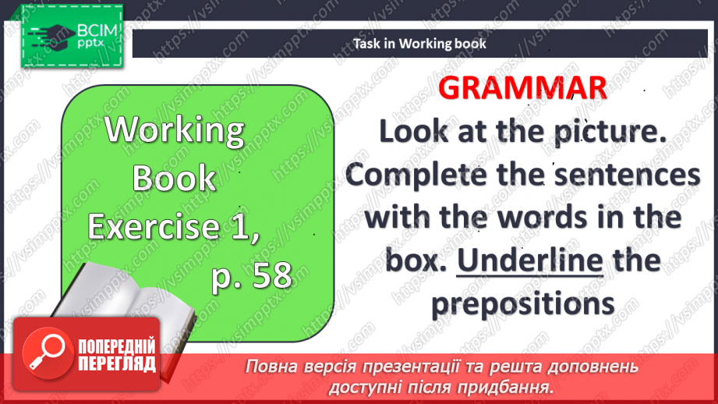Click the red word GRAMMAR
point(522,88)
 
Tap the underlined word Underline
point(529,260)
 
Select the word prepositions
point(523,303)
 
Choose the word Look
point(417,132)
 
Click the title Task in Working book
point(419,44)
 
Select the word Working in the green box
point(175,129)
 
